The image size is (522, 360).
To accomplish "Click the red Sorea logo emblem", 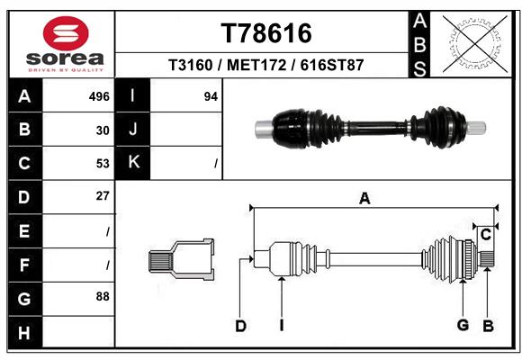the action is click(x=66, y=33).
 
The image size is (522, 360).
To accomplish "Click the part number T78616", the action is click(x=266, y=33).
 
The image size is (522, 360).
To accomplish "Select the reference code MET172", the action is click(x=256, y=65).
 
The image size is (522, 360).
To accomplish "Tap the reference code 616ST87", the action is click(x=332, y=65).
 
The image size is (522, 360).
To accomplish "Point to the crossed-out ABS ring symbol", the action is click(x=475, y=44).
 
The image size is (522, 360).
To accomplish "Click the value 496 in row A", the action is click(x=99, y=96).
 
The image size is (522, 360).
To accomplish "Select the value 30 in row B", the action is click(x=103, y=130).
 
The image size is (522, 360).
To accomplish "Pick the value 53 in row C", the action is click(x=103, y=164).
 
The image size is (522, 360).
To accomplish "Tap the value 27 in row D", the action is click(x=103, y=196).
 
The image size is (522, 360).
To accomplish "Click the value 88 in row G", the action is click(x=103, y=296).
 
